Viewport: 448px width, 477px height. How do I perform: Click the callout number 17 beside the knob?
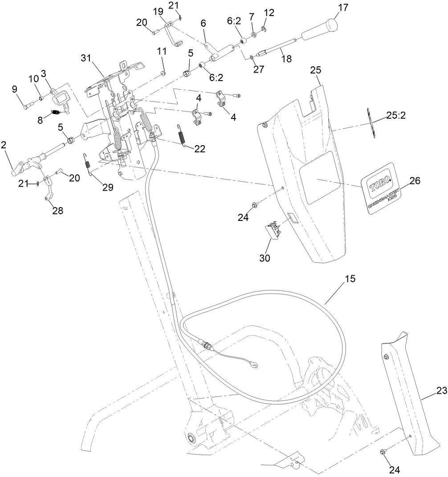[x=343, y=8]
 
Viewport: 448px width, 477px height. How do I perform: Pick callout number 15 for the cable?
[x=350, y=279]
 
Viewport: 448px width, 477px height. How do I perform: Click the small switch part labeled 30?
[x=273, y=231]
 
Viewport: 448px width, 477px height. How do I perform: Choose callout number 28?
[x=58, y=211]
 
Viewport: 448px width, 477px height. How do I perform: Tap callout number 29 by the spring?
[x=107, y=188]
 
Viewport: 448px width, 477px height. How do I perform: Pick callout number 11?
[x=161, y=51]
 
